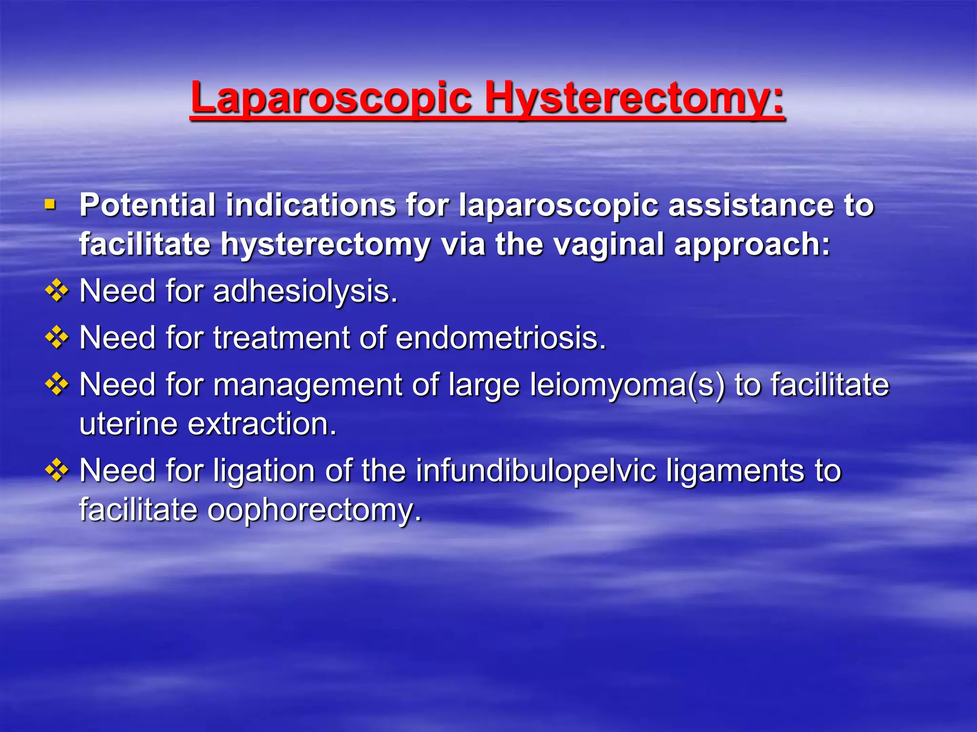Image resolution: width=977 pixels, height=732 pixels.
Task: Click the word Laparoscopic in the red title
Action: pos(331,98)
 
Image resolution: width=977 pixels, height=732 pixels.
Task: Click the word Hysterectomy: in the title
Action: pos(634,98)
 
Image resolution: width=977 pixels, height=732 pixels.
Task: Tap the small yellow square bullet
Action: pos(50,205)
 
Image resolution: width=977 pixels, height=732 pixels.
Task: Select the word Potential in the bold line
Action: pos(147,205)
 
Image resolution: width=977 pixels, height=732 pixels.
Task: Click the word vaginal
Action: pos(609,244)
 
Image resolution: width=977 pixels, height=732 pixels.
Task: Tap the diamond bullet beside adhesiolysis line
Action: pos(57,291)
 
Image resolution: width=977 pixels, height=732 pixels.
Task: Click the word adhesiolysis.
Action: pos(305,291)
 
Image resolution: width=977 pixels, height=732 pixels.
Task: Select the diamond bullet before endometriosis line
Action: pos(57,337)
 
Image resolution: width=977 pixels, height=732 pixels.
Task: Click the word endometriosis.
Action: pos(501,337)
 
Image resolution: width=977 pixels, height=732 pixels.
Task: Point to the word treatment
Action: pos(281,337)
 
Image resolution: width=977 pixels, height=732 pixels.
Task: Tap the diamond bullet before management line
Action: pos(57,384)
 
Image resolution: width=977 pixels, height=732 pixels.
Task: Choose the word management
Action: pos(308,385)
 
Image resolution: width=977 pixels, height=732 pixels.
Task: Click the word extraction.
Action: pos(262,424)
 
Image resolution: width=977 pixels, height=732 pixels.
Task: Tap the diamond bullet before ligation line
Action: pos(57,470)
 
